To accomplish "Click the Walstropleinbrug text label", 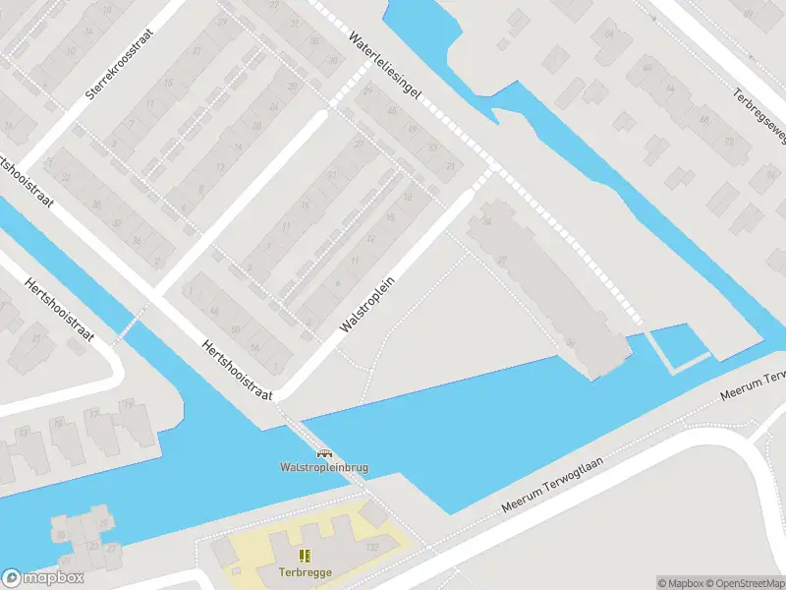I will (x=323, y=467).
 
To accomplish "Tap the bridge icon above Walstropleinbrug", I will (x=323, y=452).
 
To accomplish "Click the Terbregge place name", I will (x=305, y=570).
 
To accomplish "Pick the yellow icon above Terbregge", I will (x=305, y=556).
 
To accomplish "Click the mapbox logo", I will (x=42, y=578).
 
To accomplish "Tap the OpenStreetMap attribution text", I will (x=747, y=583).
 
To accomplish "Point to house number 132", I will (x=371, y=547).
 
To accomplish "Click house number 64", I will (x=609, y=35).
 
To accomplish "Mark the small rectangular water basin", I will (x=678, y=346).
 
